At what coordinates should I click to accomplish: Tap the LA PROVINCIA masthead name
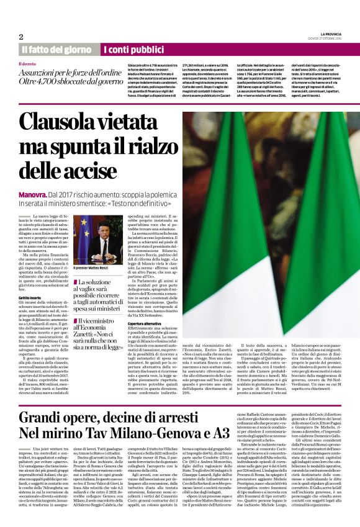[330, 33]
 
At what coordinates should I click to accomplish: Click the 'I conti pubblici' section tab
[130, 49]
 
